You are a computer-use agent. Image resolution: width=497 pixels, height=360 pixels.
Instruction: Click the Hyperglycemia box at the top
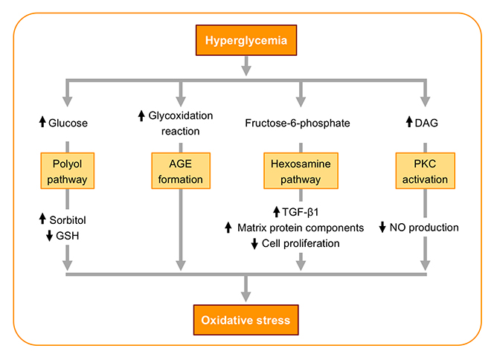point(246,40)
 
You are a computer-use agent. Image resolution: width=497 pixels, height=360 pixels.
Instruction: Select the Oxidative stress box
point(246,320)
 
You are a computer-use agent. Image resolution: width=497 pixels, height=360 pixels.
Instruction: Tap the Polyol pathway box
point(68,171)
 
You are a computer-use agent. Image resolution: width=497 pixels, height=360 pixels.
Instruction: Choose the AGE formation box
point(181,171)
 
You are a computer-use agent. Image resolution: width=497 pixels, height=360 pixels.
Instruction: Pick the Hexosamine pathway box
point(301,171)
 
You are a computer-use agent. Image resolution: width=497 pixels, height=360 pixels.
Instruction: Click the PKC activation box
point(425,171)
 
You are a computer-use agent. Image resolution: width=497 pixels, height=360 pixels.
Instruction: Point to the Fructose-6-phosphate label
point(298,123)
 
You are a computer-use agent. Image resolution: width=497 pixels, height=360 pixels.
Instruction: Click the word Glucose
point(68,123)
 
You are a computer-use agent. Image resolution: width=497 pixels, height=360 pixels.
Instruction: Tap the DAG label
point(426,123)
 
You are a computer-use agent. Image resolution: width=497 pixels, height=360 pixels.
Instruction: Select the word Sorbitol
point(68,220)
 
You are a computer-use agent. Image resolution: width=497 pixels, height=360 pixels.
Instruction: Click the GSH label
point(67,236)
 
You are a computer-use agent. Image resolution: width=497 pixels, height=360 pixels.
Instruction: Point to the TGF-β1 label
point(300,212)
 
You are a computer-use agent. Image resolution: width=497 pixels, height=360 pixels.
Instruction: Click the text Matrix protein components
point(301,228)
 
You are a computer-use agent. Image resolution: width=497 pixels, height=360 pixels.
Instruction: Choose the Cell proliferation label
point(301,243)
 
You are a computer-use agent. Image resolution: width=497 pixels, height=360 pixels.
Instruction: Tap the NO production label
point(424,227)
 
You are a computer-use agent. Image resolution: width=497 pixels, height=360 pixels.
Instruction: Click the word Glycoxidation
point(181,116)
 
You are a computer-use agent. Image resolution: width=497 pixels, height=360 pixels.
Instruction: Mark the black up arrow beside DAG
point(409,122)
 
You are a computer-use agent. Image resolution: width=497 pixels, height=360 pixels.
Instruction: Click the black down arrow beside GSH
point(49,236)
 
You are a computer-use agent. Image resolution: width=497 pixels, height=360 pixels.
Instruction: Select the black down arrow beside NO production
point(382,227)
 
